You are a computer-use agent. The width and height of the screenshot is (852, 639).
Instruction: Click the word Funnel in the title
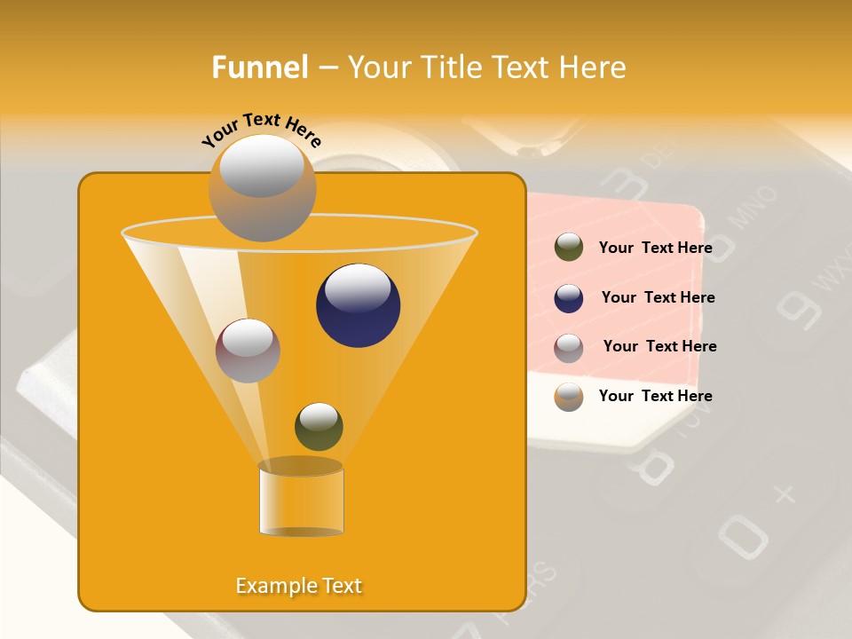click(259, 67)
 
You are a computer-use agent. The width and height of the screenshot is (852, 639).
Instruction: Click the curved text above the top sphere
click(262, 129)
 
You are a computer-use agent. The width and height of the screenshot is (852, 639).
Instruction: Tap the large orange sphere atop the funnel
click(262, 187)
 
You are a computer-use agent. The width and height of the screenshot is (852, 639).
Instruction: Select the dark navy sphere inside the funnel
click(358, 305)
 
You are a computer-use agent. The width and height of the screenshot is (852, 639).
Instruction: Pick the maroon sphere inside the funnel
click(248, 351)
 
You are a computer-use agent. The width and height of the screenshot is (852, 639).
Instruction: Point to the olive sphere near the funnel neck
click(319, 427)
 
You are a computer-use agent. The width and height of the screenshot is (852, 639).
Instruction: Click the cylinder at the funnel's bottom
click(301, 501)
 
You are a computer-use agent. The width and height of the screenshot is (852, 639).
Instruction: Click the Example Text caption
click(299, 586)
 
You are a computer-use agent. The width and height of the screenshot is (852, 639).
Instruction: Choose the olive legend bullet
click(569, 248)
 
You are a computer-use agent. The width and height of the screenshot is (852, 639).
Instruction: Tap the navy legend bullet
click(569, 298)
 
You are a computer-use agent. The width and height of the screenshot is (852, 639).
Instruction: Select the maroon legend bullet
click(569, 348)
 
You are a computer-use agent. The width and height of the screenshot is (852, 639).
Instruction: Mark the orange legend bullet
click(569, 397)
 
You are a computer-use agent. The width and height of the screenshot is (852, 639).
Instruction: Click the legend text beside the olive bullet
click(655, 248)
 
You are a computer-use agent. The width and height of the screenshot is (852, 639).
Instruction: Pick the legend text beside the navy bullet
click(658, 297)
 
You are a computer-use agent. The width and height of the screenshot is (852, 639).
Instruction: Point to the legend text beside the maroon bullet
click(659, 346)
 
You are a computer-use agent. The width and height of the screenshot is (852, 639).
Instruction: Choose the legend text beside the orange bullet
click(655, 396)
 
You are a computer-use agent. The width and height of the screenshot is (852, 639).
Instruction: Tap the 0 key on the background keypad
click(742, 535)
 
